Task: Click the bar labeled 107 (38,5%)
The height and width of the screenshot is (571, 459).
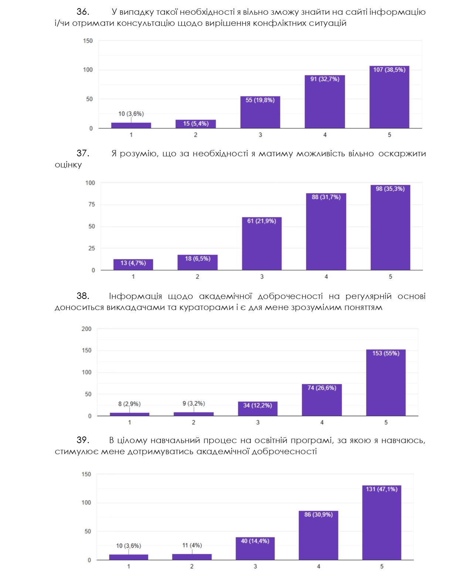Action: tap(389, 98)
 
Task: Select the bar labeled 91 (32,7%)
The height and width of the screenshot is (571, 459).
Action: tap(325, 103)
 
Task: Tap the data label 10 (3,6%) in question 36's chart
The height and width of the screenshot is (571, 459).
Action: tap(131, 114)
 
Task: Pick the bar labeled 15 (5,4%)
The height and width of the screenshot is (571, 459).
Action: tap(196, 124)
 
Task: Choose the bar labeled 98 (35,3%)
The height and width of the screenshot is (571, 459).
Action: tap(390, 228)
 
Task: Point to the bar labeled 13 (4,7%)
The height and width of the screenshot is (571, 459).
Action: tap(133, 265)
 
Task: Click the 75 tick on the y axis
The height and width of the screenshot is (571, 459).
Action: tap(91, 204)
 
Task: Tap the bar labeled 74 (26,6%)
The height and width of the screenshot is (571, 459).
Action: tap(322, 401)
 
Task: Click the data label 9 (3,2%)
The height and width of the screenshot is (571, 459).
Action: tap(193, 404)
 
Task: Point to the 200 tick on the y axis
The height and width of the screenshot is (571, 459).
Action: tap(87, 329)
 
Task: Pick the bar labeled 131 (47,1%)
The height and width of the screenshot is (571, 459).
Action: tap(382, 523)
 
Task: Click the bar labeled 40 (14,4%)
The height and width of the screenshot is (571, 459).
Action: tap(255, 549)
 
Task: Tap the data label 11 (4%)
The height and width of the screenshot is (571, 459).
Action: tap(192, 545)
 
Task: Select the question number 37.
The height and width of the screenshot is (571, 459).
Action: tap(83, 153)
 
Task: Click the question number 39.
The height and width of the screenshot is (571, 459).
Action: tap(83, 440)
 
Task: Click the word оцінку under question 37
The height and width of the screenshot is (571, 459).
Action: tap(68, 165)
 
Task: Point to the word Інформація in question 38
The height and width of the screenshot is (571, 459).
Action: tap(135, 296)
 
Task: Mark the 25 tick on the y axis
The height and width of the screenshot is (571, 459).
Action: tap(91, 248)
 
